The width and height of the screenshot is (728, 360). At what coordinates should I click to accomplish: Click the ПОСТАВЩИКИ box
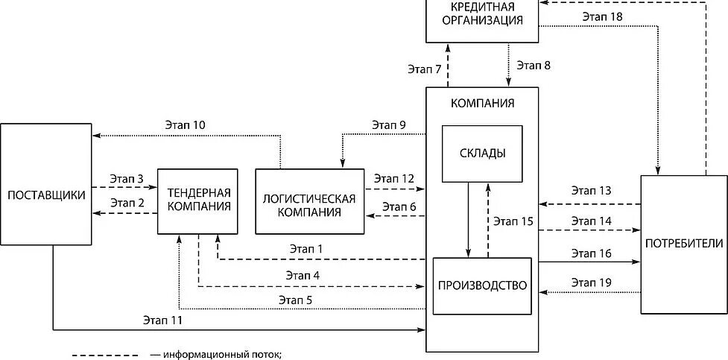[46, 195]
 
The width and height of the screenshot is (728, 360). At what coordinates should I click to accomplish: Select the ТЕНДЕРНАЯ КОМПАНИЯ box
[198, 200]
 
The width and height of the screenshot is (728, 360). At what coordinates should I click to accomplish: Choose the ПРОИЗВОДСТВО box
[482, 285]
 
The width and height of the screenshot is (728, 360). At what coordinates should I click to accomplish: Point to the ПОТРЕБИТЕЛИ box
[683, 244]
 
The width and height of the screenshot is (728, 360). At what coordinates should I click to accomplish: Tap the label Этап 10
[185, 124]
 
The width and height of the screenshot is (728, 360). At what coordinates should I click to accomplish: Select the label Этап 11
[162, 320]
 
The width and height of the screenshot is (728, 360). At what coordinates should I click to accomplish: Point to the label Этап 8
[534, 65]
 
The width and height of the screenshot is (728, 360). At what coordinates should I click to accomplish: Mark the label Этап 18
[605, 16]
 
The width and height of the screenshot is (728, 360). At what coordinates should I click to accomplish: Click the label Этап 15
[513, 221]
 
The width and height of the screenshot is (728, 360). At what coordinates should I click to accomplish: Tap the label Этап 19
[592, 282]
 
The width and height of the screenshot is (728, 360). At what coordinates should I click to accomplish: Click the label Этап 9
[389, 124]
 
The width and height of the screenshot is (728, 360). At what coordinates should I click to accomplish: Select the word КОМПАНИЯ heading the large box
[482, 103]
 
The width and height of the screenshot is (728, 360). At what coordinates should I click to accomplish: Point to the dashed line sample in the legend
[110, 354]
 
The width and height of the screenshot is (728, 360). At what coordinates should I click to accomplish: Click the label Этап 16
[592, 253]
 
